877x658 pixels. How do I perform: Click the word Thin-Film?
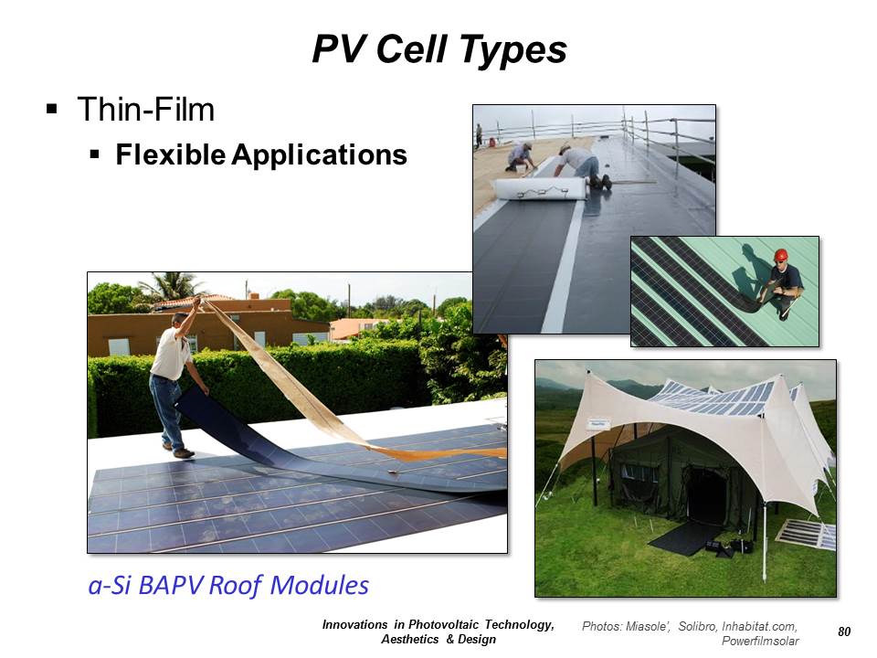[x=146, y=109]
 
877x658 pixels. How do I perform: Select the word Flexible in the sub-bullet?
[x=171, y=154]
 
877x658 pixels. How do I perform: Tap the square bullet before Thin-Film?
[x=52, y=109]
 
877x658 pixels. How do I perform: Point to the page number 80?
[x=844, y=631]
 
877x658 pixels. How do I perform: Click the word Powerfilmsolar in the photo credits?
[x=760, y=642]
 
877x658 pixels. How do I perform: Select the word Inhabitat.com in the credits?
[x=759, y=626]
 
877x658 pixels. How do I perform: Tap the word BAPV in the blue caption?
[x=170, y=585]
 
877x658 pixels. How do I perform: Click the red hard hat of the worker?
[x=781, y=255]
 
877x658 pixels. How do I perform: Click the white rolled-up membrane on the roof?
[x=539, y=189]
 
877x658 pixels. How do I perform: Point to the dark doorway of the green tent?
[x=706, y=494]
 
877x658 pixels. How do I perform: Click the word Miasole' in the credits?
[x=647, y=626]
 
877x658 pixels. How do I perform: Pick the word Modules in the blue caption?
[x=320, y=585]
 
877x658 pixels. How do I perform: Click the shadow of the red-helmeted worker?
[x=749, y=275]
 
